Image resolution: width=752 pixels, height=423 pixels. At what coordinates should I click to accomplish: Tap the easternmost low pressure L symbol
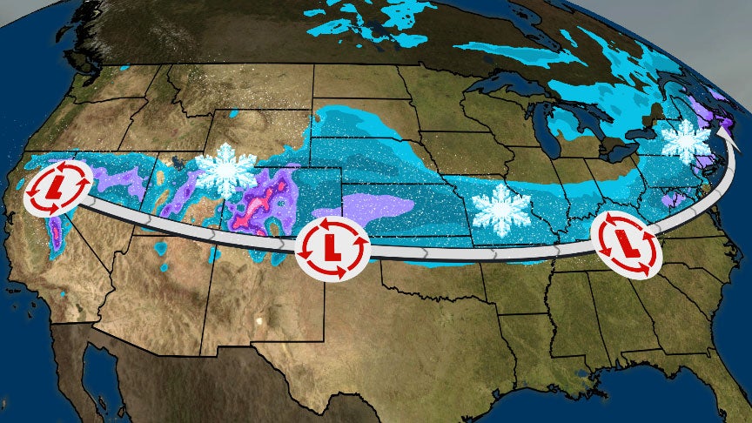(626, 243)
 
